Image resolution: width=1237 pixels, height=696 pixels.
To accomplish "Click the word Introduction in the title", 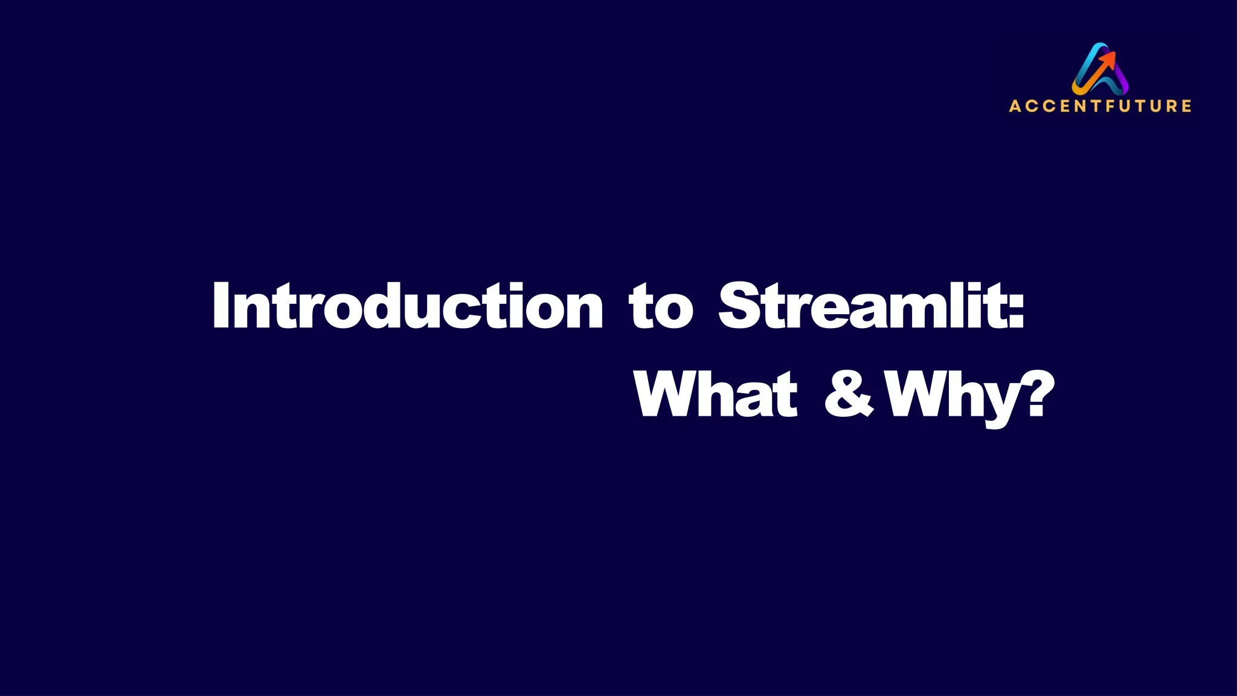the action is (x=408, y=306).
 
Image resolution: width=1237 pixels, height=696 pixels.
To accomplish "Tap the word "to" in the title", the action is (x=661, y=308).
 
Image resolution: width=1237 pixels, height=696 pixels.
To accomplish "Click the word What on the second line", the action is (x=716, y=394).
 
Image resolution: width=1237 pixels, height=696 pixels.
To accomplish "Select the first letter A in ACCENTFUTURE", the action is (x=1015, y=106).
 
